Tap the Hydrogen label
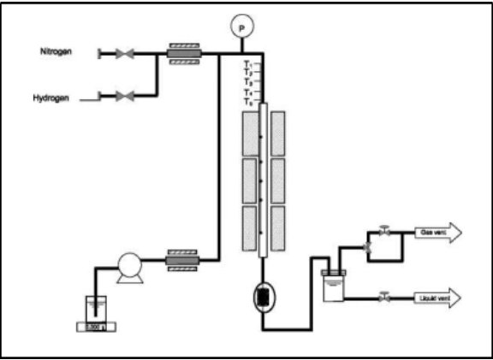[x=51, y=98]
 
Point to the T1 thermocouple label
[x=248, y=64]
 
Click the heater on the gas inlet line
[x=182, y=54]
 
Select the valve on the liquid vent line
[x=384, y=297]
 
